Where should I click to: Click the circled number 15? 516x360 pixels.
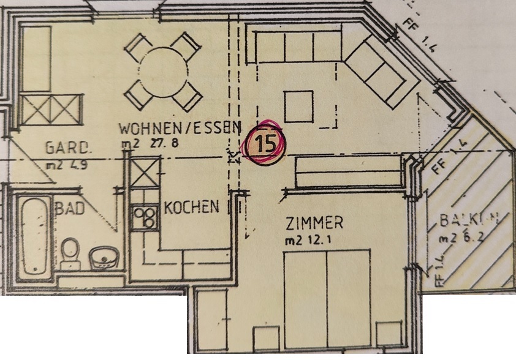point(265,144)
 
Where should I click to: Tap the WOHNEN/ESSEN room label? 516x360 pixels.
point(178,129)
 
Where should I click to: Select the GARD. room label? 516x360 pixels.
point(69,148)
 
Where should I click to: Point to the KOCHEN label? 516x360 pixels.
point(191,206)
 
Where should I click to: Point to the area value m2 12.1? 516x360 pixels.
point(309,239)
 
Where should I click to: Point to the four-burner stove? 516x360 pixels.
point(145,217)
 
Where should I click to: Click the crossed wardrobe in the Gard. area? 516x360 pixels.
point(50,110)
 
